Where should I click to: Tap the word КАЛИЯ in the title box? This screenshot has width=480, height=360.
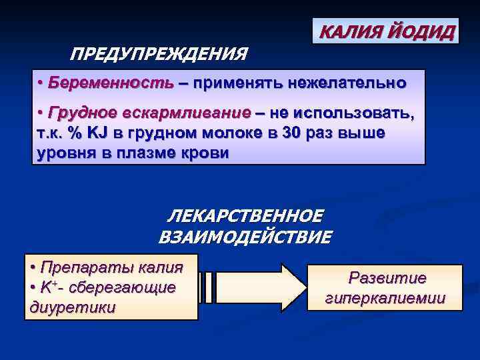pos(350,31)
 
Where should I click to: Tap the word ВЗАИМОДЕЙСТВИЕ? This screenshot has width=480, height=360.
pos(245,237)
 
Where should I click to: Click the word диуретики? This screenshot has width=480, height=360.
pos(73,307)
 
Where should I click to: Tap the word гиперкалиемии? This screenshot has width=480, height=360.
pos(385,298)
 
